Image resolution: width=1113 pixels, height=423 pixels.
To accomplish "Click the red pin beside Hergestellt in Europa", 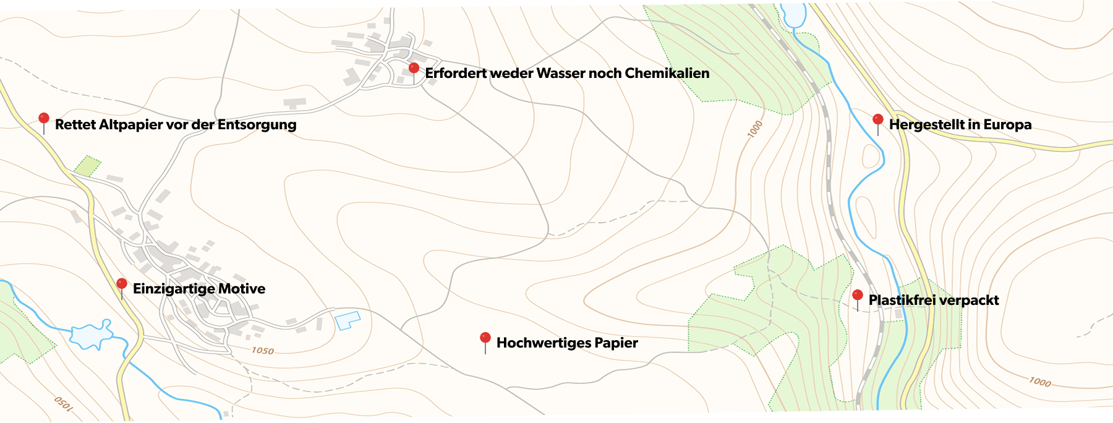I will click(x=877, y=119).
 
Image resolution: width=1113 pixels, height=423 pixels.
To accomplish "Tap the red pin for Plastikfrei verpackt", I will click(x=857, y=295).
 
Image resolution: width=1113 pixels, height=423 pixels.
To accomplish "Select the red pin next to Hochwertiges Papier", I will click(x=485, y=338).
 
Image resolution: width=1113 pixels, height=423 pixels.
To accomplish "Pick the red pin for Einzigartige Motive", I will click(x=122, y=284).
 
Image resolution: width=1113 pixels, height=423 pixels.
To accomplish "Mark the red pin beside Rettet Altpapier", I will click(x=43, y=118).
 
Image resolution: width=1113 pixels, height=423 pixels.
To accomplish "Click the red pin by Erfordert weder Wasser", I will click(x=414, y=67).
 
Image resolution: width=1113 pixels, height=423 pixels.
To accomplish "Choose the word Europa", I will click(x=1007, y=124).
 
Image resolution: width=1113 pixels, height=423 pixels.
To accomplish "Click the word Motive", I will click(x=242, y=289).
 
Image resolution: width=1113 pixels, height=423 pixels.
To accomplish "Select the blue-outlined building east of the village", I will click(x=347, y=320).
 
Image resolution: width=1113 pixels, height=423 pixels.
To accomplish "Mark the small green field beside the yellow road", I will click(x=87, y=166).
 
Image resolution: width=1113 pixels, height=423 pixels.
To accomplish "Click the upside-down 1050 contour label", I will click(x=64, y=404).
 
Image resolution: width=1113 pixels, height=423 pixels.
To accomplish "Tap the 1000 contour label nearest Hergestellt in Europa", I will click(x=755, y=129).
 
